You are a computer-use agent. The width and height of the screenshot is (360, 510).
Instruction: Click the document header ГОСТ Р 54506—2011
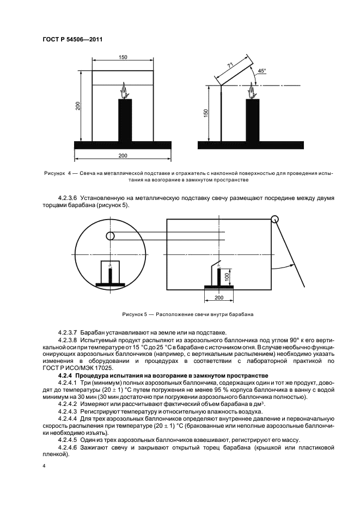pyautogui.click(x=72, y=39)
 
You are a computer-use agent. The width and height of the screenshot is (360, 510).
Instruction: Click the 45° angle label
pyautogui.click(x=262, y=71)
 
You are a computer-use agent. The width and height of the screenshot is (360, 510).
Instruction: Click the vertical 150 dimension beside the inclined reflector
pyautogui.click(x=206, y=112)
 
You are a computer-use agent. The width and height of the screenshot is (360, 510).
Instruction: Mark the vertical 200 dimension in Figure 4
pyautogui.click(x=78, y=106)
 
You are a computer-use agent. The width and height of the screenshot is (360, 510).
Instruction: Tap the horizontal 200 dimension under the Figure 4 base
pyautogui.click(x=123, y=156)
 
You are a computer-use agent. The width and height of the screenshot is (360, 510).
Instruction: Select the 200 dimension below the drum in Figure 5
pyautogui.click(x=219, y=298)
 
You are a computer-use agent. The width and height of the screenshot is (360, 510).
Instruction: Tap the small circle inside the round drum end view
pyautogui.click(x=111, y=236)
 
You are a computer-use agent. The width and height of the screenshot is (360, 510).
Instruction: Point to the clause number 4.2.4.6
pyautogui.click(x=69, y=447)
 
